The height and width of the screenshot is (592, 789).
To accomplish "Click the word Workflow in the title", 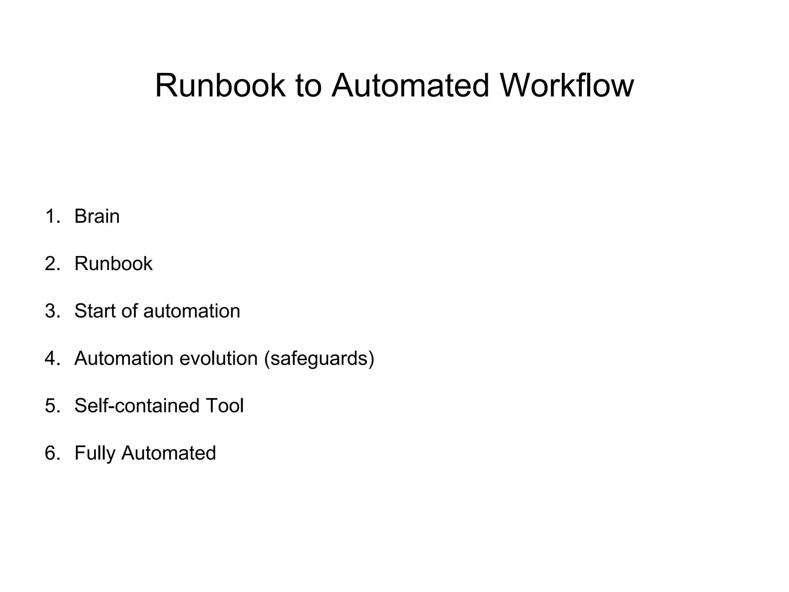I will (567, 86).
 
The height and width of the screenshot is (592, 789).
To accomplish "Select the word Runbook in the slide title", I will (220, 86).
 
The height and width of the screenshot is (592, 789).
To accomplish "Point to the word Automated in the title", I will (411, 86).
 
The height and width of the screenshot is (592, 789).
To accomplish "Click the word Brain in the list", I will (97, 216).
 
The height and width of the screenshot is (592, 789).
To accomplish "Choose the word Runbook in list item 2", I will (113, 264).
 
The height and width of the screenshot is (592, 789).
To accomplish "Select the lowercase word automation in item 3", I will (191, 311).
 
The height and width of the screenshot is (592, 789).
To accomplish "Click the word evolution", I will (218, 358).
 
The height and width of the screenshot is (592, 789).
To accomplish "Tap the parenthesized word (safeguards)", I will (319, 358).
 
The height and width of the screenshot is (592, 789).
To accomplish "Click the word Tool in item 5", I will (225, 406).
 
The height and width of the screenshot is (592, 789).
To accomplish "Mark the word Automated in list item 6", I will (168, 453).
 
